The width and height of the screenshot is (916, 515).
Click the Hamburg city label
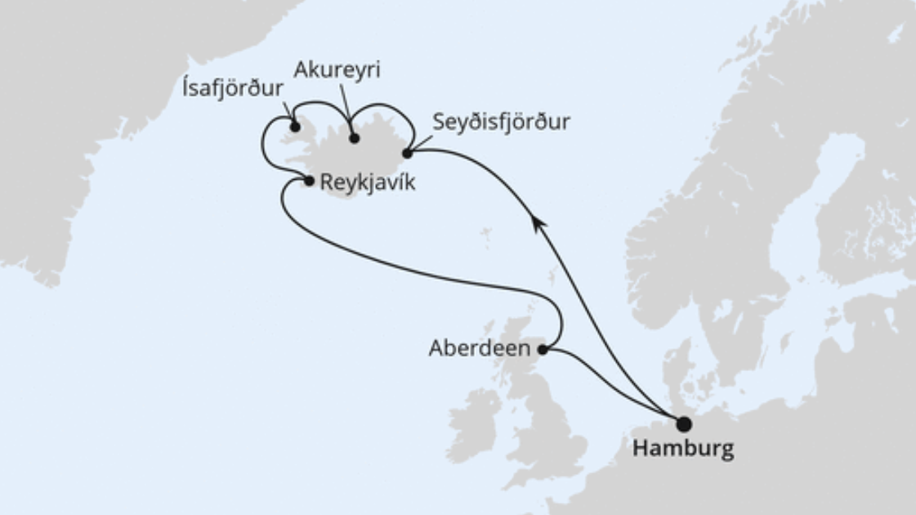pos(682,449)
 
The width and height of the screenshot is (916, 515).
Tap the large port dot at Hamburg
pos(683,424)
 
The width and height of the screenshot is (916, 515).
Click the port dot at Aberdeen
pos(542,350)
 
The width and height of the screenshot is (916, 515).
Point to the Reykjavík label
pos(368,182)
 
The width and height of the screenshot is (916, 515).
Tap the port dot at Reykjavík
pos(309,181)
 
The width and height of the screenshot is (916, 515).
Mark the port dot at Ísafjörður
pos(294,127)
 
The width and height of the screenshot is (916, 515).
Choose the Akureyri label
pos(338,70)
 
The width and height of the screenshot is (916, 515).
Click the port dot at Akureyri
pos(354,138)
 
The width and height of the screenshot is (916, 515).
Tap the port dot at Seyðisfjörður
pos(407,153)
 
